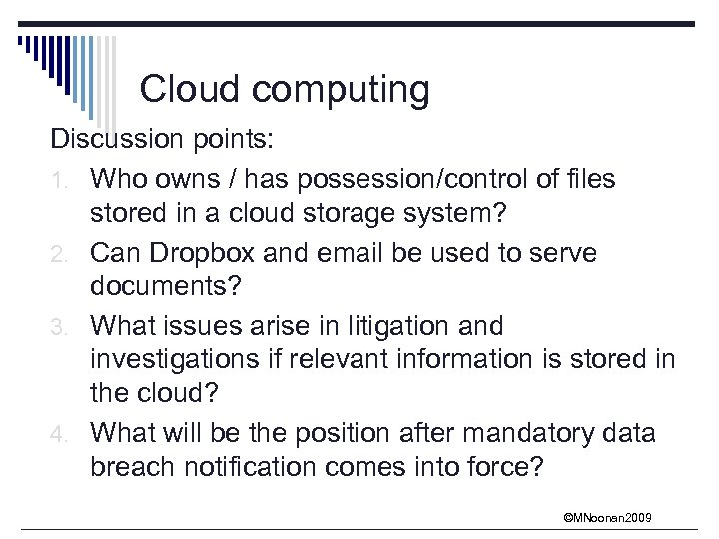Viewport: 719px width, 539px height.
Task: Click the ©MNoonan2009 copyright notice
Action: [x=609, y=517]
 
